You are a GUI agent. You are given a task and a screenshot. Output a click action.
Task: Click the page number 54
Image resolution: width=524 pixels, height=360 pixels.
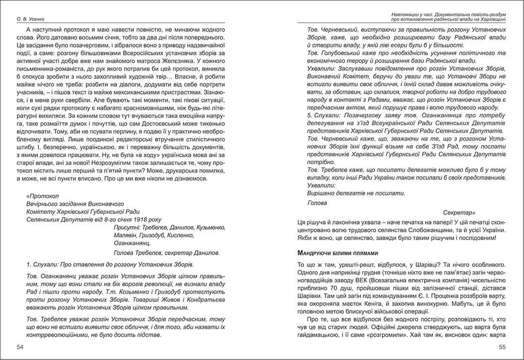(20, 347)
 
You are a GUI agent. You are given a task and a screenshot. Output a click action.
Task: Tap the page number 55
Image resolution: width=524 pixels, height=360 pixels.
(502, 347)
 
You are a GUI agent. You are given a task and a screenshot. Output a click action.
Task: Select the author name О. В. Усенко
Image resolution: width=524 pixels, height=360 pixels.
(30, 19)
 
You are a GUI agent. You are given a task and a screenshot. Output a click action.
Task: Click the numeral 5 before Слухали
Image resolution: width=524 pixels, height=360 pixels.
(310, 115)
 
